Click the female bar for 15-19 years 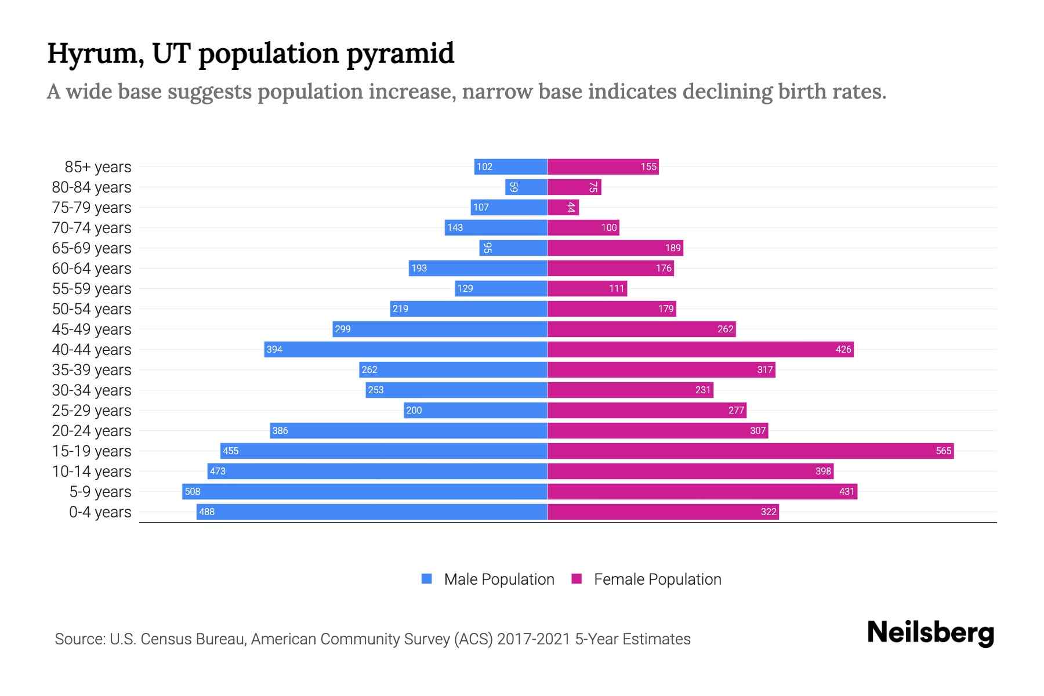[x=751, y=451]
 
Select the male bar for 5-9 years [x=364, y=491]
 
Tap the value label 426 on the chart [x=843, y=349]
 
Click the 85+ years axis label [x=97, y=166]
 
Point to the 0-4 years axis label [x=100, y=512]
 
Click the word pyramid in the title [x=400, y=53]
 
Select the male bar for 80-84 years [x=526, y=187]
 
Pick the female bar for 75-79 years [x=563, y=207]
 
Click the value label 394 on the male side [x=274, y=349]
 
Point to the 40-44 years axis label [x=92, y=349]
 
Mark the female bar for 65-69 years [x=615, y=248]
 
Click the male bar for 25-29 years [x=476, y=410]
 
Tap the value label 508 [x=192, y=491]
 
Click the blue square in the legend [x=427, y=579]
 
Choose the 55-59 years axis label [x=92, y=288]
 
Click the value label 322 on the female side [x=768, y=512]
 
